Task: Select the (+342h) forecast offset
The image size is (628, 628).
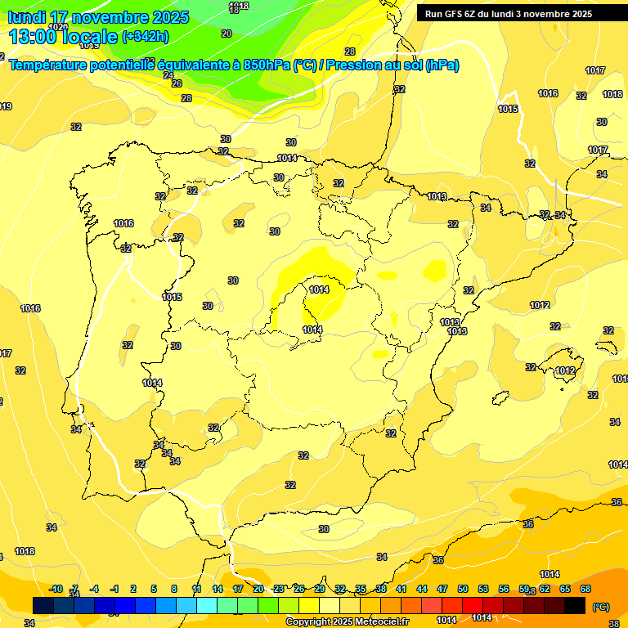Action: [146, 37]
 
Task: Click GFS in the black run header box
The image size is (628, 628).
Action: [453, 14]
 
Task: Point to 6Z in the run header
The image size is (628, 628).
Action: [472, 14]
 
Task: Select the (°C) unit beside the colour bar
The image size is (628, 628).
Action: [600, 607]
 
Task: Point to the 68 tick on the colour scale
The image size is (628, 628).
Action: [585, 589]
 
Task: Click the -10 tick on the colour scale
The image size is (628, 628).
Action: [56, 589]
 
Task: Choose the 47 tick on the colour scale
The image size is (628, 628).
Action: [442, 589]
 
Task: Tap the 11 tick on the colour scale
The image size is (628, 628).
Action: [196, 589]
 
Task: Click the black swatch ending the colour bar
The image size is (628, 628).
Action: [575, 605]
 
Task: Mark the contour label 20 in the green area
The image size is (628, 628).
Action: [227, 34]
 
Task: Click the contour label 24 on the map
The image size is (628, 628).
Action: [168, 74]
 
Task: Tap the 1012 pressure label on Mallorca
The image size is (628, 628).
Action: [565, 371]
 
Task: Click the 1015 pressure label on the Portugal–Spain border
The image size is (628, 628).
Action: [172, 297]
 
